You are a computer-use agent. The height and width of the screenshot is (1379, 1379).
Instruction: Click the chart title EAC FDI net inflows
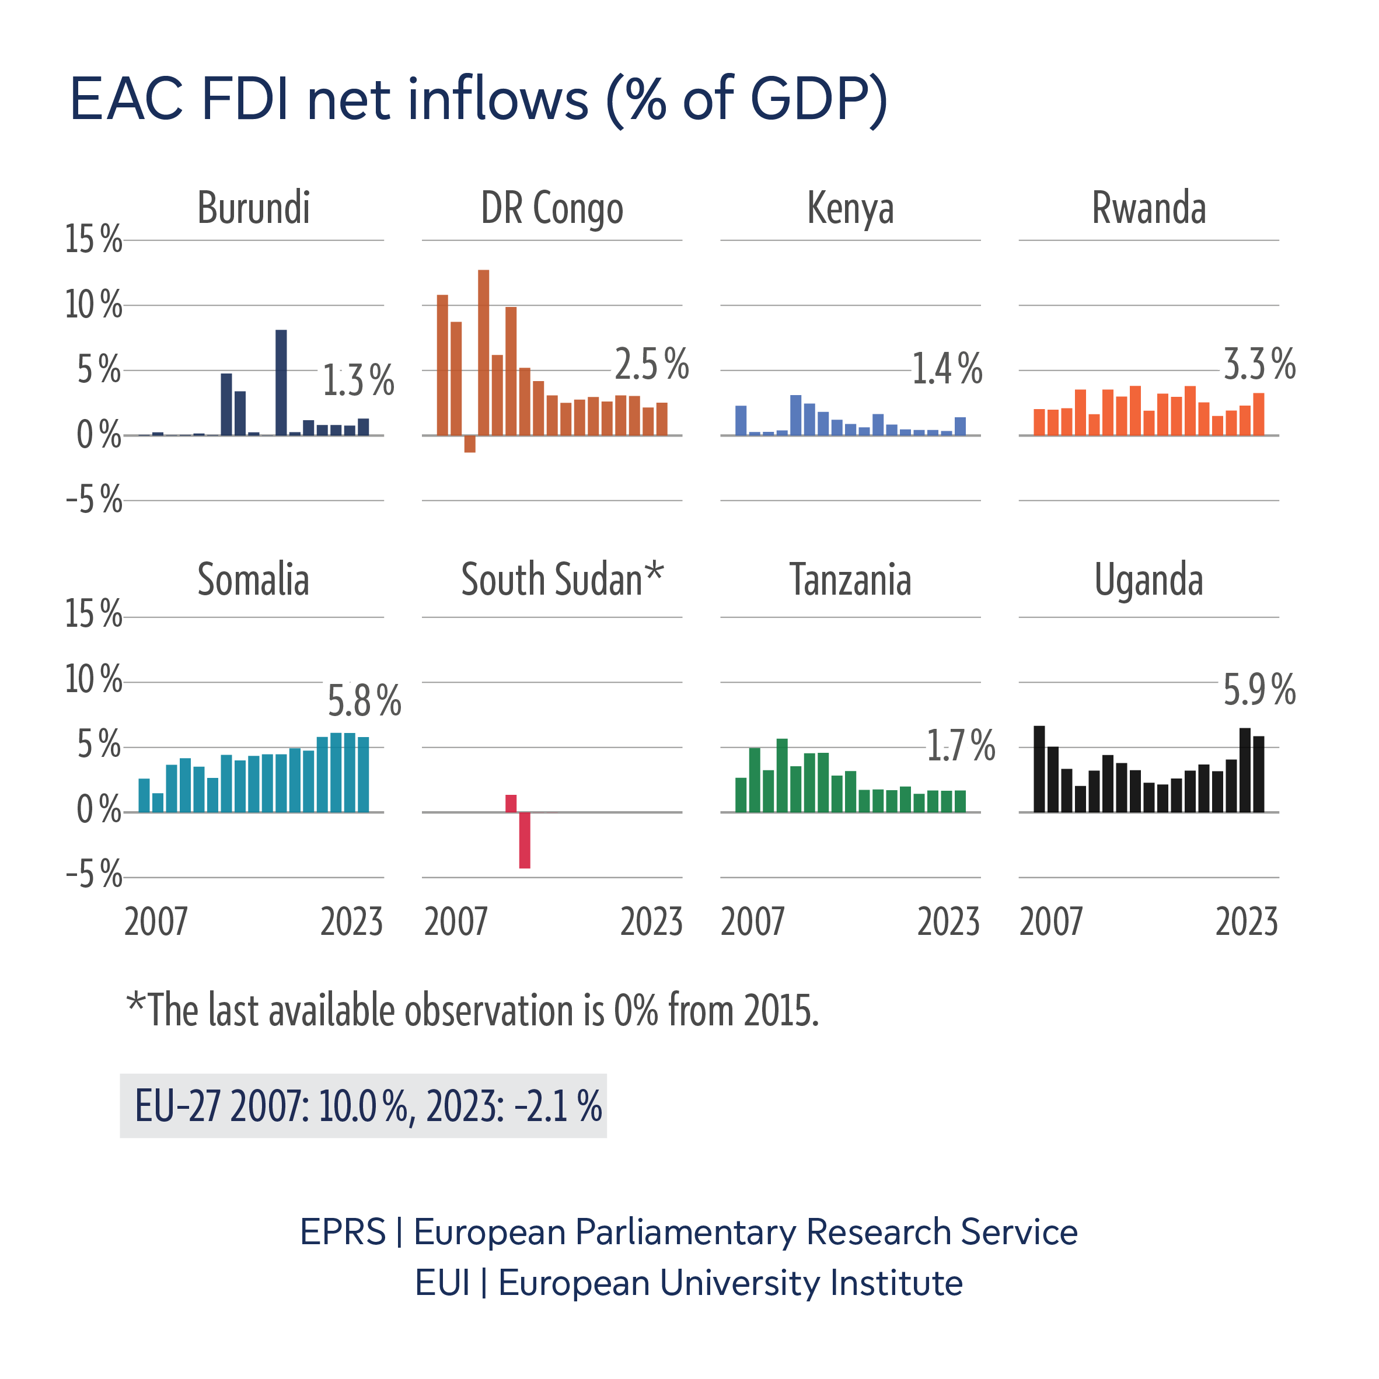[478, 100]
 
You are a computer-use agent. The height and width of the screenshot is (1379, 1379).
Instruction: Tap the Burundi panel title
[253, 208]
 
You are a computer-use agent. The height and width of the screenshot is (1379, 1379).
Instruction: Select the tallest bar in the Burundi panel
[281, 383]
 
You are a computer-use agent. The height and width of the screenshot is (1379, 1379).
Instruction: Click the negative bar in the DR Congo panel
[470, 444]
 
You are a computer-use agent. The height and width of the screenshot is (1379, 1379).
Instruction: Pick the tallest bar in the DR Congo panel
[483, 352]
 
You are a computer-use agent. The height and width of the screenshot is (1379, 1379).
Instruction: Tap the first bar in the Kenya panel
[741, 420]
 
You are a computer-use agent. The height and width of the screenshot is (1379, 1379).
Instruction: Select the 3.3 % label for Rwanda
[1259, 365]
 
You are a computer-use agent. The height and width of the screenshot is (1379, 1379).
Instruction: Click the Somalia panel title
[253, 579]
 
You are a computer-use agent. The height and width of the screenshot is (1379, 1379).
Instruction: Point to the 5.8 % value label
[364, 701]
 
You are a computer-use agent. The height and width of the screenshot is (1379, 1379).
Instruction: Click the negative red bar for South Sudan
[525, 840]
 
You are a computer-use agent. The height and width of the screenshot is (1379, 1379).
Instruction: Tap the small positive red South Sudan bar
[511, 803]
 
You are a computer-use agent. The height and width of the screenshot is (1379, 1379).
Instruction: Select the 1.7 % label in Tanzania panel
[960, 746]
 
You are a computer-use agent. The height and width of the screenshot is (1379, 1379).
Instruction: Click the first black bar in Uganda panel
[1039, 769]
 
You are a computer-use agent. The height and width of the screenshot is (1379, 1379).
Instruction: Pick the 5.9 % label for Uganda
[1259, 690]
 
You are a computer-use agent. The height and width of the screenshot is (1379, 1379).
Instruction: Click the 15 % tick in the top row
[93, 240]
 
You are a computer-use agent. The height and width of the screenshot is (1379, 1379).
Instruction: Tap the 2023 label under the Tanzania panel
[948, 921]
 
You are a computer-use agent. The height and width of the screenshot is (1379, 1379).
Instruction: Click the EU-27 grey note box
[364, 1106]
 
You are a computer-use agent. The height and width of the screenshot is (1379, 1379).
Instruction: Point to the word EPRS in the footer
[343, 1232]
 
